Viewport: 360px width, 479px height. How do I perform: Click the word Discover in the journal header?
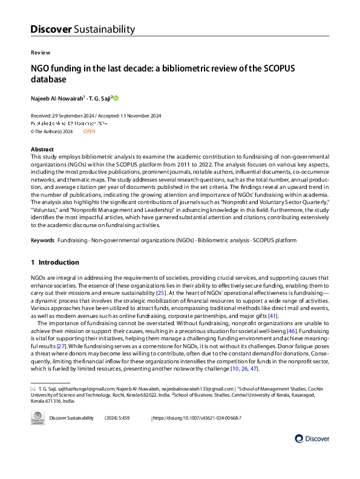click(x=51, y=29)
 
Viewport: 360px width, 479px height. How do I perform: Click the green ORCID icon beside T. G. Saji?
click(x=116, y=97)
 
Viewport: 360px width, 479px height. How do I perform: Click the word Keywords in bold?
click(x=42, y=240)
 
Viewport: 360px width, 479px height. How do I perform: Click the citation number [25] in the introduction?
click(x=161, y=293)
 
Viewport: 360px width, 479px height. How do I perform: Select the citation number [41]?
click(x=273, y=315)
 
